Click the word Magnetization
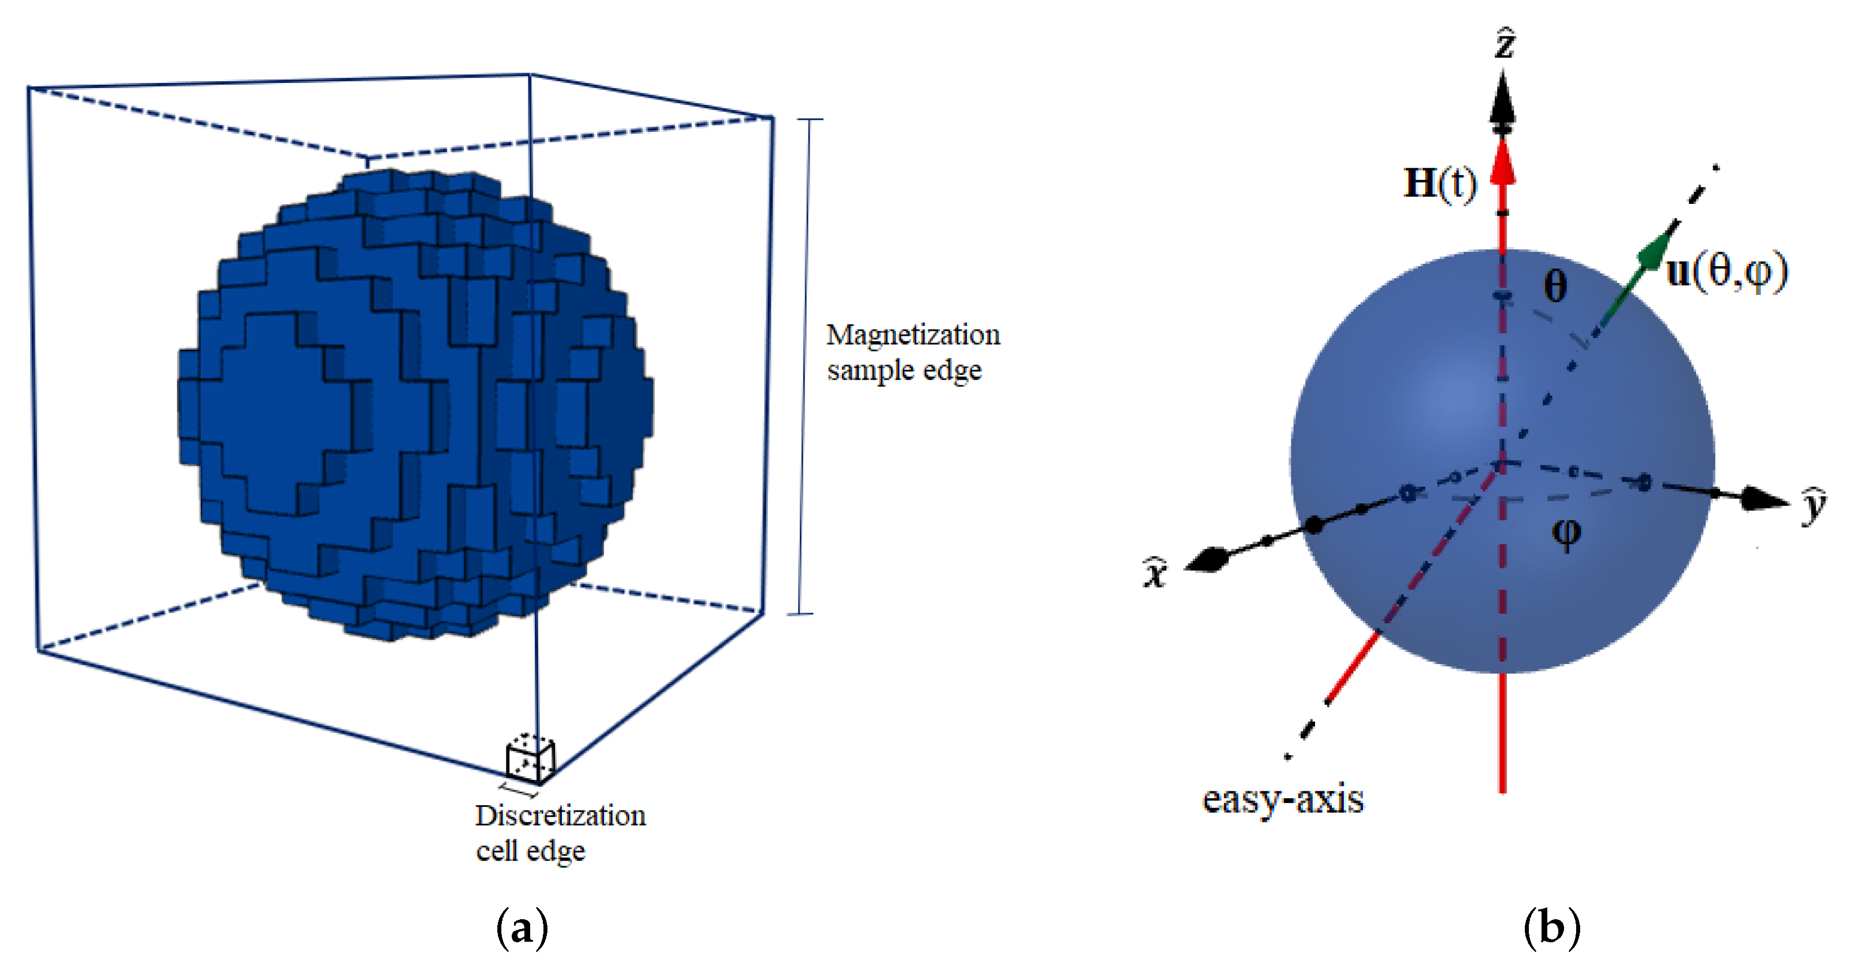click(x=913, y=335)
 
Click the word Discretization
click(x=561, y=816)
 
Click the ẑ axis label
click(x=1505, y=44)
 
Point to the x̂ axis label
click(x=1155, y=573)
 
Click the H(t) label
click(x=1440, y=183)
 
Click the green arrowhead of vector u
click(x=1655, y=251)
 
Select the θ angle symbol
click(x=1555, y=287)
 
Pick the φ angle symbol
click(x=1566, y=532)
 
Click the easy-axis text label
click(x=1283, y=799)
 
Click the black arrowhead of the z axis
click(x=1502, y=101)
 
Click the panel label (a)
click(x=522, y=928)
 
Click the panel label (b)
click(x=1551, y=928)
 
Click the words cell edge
click(x=530, y=851)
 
